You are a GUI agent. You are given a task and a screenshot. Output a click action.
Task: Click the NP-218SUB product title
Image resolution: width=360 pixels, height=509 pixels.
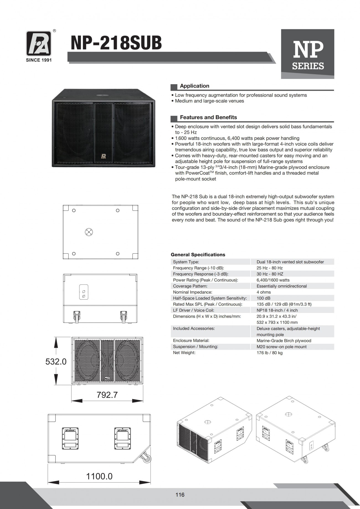[x=116, y=43]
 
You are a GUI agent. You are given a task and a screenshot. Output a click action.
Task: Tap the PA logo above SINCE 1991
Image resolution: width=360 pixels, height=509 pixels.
[x=39, y=43]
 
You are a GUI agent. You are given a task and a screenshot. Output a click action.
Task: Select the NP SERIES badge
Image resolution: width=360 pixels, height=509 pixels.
[x=307, y=54]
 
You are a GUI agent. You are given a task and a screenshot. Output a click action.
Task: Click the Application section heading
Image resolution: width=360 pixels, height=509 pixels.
[x=194, y=86]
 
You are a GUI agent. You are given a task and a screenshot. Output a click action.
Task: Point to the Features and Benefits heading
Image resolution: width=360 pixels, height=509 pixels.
[x=208, y=117]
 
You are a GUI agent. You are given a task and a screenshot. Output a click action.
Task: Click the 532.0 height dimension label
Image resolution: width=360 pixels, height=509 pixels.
[x=56, y=361]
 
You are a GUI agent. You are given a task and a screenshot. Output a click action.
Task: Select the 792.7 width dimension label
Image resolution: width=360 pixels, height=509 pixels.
[x=107, y=395]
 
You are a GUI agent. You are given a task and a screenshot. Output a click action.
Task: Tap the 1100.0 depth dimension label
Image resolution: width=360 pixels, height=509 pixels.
[x=99, y=476]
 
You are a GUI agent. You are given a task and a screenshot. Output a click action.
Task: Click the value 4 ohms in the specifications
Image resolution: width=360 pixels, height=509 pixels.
[x=264, y=292]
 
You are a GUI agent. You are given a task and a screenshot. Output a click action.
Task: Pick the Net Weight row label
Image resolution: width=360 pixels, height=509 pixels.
[x=184, y=353]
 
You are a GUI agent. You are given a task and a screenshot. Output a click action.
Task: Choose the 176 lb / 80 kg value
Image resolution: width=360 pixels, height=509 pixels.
[x=269, y=353]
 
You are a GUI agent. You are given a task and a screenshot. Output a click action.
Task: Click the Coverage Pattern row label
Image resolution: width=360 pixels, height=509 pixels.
[x=190, y=286]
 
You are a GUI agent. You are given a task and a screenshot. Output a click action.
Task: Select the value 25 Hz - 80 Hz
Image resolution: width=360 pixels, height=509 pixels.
[x=269, y=268]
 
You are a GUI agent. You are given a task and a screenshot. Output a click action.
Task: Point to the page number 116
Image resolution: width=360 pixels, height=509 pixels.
[x=180, y=495]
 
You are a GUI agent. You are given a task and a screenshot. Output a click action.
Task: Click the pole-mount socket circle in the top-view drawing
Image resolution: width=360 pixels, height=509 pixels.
[x=89, y=232]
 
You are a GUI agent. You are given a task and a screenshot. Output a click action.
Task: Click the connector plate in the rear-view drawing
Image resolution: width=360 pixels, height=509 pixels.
[x=84, y=292]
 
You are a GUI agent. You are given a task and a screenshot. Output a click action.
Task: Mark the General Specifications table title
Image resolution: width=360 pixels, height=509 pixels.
[x=198, y=254]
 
